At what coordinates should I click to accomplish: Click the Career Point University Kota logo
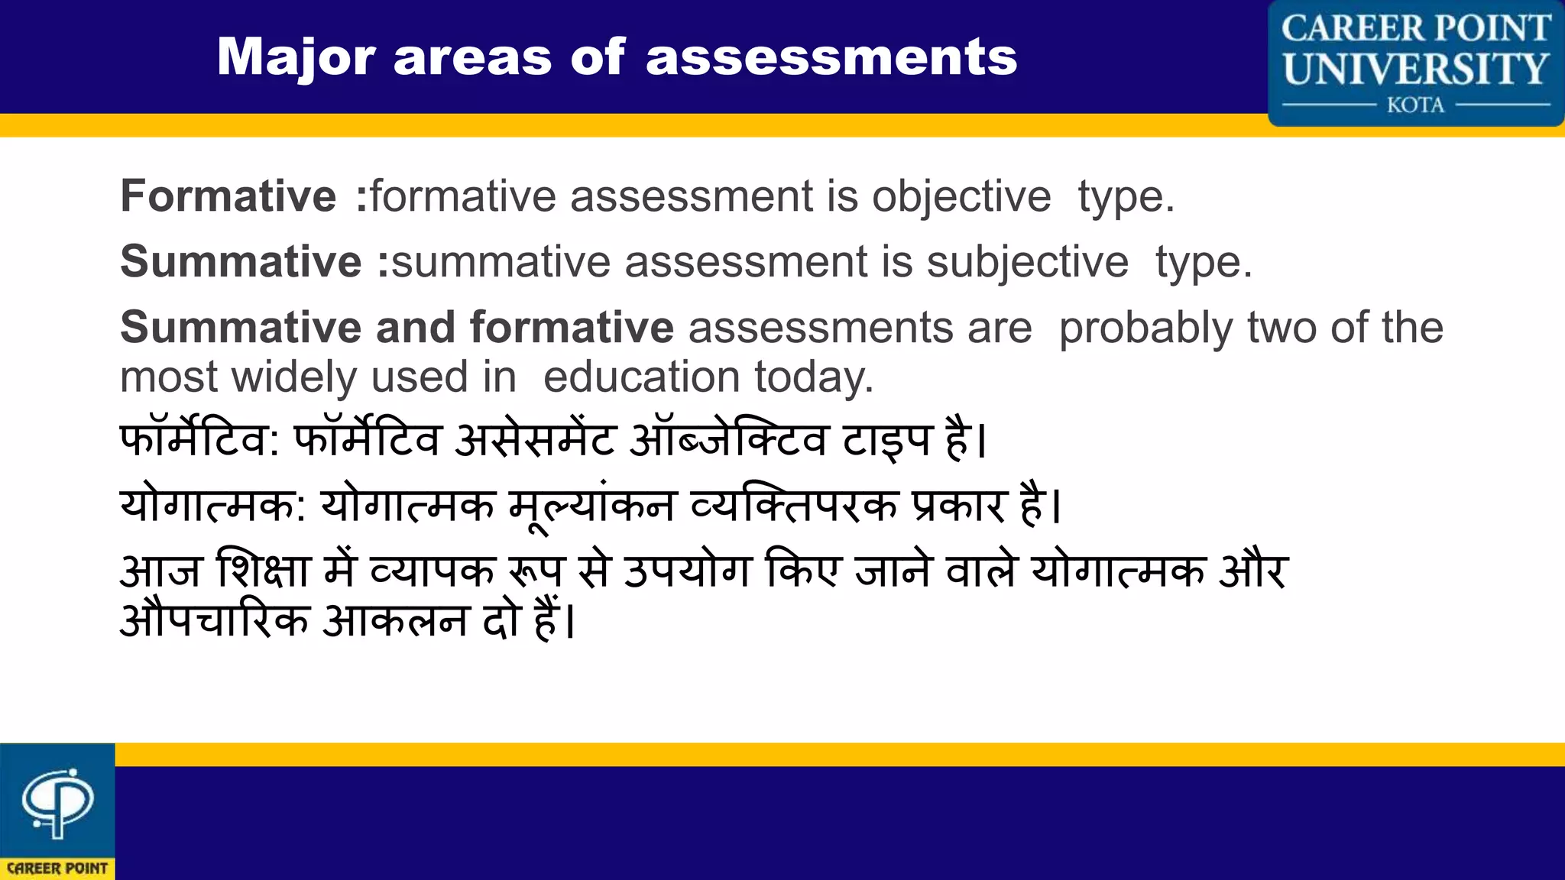tap(1415, 63)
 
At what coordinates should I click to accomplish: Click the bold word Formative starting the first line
tap(228, 196)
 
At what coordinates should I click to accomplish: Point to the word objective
tap(961, 196)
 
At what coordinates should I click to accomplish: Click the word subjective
tap(1027, 262)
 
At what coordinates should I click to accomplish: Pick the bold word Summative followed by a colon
tap(241, 262)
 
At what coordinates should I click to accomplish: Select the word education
tap(642, 377)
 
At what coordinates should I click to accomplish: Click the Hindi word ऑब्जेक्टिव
tap(728, 441)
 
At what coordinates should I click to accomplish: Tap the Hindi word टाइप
tap(886, 441)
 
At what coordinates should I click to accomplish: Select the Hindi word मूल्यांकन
tap(592, 506)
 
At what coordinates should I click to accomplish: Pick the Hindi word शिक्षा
tap(264, 571)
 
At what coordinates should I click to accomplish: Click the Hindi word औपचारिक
tap(215, 620)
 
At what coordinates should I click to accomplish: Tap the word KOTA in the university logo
tap(1415, 105)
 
